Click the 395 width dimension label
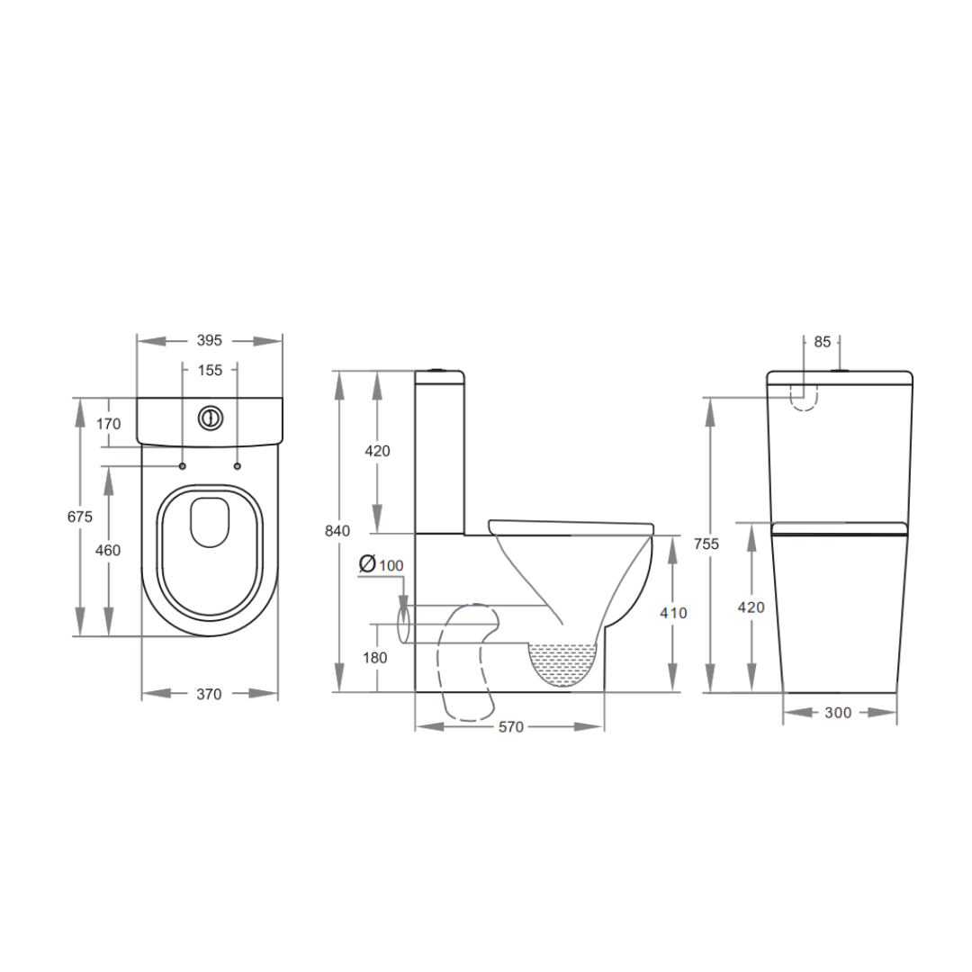(x=209, y=341)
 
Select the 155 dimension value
(x=209, y=369)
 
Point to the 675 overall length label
(x=80, y=517)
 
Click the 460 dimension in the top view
(x=108, y=550)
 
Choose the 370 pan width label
(x=209, y=694)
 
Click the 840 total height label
(x=337, y=531)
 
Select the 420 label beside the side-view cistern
(x=377, y=451)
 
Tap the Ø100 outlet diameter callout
(x=382, y=564)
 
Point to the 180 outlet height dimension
(x=375, y=658)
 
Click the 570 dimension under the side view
(x=510, y=727)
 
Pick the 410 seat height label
(x=673, y=613)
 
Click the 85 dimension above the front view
(x=822, y=342)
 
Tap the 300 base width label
(x=837, y=713)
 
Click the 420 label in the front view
(x=751, y=607)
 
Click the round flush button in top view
(x=209, y=418)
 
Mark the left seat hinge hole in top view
(x=182, y=466)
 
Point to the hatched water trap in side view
(x=564, y=664)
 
